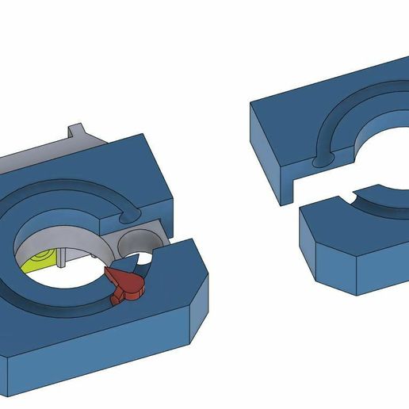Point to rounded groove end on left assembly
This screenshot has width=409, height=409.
[128, 214]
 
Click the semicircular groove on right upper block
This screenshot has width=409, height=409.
[349, 119]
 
